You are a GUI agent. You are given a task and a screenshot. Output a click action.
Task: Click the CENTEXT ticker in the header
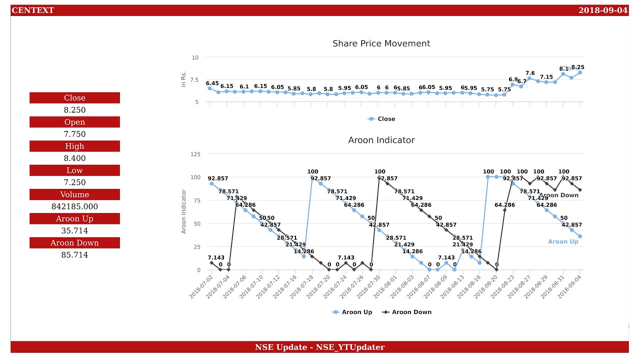coord(32,10)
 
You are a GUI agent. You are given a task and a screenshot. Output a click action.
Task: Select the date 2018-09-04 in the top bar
coord(602,10)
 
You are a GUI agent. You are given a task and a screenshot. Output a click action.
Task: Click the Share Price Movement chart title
coord(381,43)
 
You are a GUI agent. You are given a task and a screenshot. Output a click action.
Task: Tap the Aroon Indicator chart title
coord(381,140)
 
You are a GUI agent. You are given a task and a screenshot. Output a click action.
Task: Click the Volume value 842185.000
coord(74,206)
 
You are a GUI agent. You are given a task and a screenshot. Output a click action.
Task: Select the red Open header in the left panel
coord(74,122)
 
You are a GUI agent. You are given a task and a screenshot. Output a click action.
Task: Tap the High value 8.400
coord(74,158)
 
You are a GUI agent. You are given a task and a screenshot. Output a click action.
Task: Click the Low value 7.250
coord(74,182)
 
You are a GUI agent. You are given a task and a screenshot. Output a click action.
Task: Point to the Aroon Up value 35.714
coord(74,231)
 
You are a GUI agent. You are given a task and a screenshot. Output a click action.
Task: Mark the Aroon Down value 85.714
coord(74,255)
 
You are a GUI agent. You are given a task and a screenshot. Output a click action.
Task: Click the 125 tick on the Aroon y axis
coord(194,154)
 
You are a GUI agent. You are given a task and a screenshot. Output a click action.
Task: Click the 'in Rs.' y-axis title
coord(183,79)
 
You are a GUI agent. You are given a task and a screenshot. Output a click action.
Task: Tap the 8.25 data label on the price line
coord(577,67)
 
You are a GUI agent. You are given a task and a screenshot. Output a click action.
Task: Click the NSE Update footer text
coord(319,347)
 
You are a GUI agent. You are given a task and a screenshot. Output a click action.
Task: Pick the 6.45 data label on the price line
coord(212,83)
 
